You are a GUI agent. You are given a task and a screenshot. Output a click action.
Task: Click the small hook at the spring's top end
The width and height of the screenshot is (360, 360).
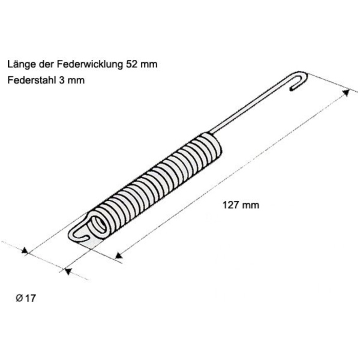click(299, 81)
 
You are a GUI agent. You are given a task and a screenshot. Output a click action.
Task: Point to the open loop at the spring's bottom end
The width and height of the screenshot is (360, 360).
click(84, 231)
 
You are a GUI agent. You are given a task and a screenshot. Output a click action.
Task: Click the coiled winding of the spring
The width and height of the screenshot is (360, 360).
click(159, 183)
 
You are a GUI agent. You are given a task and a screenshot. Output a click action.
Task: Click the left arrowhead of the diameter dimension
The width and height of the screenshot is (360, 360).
click(25, 251)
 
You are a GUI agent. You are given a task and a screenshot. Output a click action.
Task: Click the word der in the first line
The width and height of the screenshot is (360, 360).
click(50, 64)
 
